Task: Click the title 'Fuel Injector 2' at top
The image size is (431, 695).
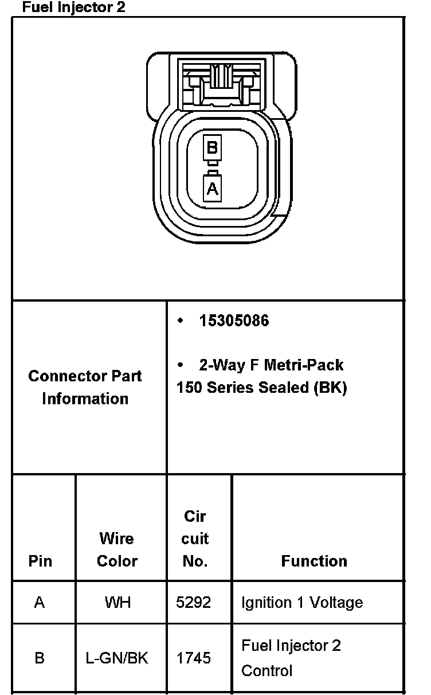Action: click(73, 7)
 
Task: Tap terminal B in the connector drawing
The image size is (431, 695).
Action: click(212, 148)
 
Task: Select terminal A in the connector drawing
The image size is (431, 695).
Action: click(212, 188)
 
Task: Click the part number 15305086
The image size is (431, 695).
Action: click(234, 321)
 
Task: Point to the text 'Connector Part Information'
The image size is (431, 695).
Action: click(85, 387)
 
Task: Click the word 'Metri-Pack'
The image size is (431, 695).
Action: click(303, 365)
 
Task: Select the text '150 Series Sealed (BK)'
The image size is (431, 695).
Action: click(261, 388)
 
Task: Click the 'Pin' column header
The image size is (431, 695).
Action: click(40, 561)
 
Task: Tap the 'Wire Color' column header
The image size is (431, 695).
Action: click(117, 549)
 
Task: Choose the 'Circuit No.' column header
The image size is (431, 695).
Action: click(195, 538)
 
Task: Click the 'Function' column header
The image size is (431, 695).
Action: click(314, 561)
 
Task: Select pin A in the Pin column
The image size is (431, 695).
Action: click(40, 603)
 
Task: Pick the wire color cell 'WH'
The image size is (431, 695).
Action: click(117, 603)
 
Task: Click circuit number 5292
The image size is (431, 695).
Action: click(194, 603)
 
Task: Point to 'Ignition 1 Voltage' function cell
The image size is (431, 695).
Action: click(302, 603)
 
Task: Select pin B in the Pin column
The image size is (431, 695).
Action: click(40, 658)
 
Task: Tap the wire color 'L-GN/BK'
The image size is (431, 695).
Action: click(117, 658)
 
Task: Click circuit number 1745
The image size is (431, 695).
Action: click(194, 658)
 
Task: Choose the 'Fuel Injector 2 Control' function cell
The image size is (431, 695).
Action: click(291, 658)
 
